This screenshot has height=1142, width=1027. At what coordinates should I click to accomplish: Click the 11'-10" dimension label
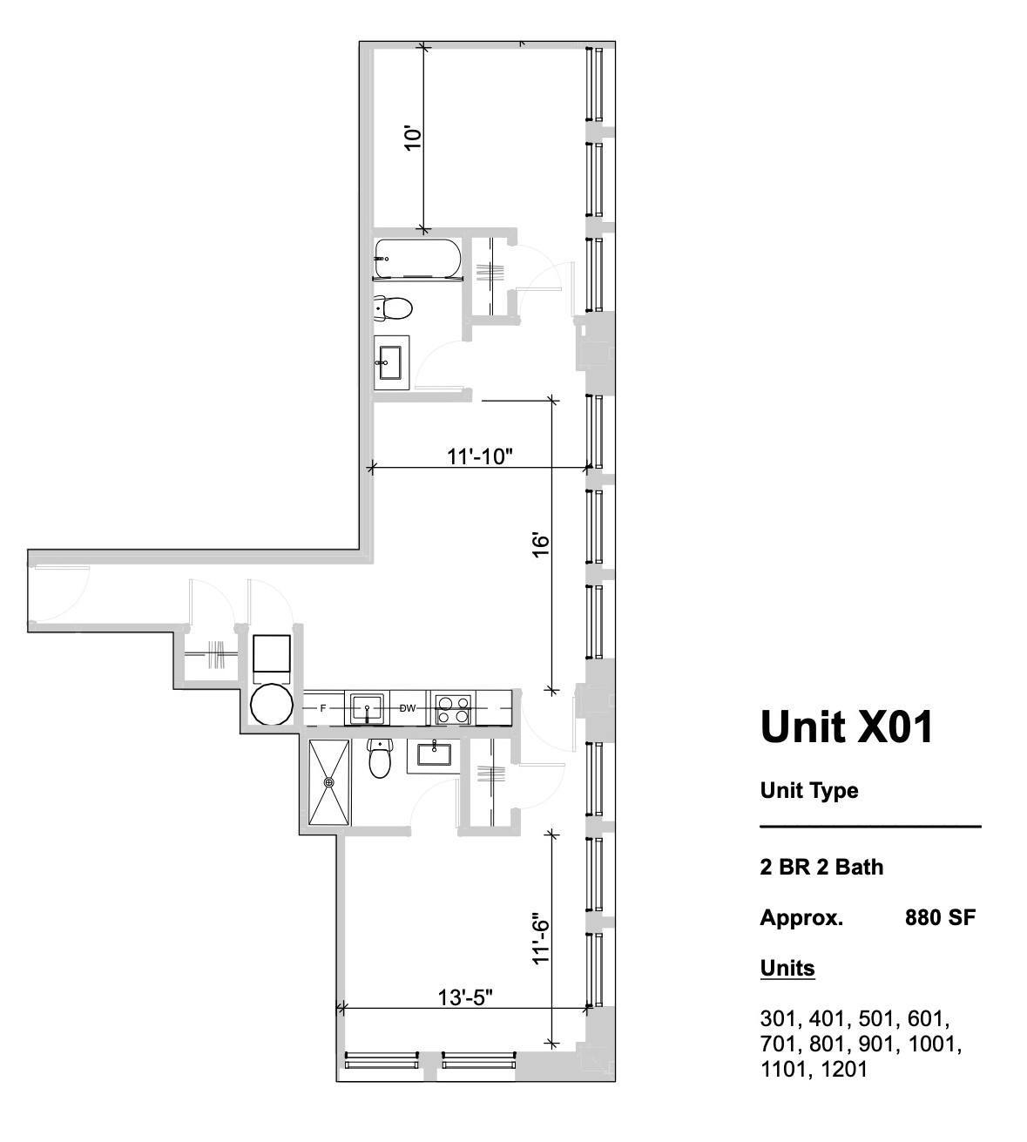coord(480,456)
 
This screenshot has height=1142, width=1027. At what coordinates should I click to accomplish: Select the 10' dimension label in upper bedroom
coord(413,138)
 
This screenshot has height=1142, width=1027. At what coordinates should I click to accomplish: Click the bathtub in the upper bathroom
coord(416,259)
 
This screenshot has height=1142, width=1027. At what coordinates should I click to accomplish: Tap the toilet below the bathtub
coord(393,307)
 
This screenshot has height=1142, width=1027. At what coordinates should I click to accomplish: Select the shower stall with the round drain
coord(329,782)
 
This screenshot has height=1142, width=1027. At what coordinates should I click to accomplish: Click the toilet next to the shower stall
coord(381,759)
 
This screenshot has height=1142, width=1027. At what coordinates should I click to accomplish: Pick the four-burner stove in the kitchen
coord(453,709)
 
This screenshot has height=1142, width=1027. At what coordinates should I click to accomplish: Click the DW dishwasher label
coord(408,708)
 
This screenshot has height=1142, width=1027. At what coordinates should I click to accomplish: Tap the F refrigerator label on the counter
coord(323,708)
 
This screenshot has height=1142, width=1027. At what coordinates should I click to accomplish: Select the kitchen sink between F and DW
coord(368,708)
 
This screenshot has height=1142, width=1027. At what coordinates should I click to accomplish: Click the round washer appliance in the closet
coord(271,704)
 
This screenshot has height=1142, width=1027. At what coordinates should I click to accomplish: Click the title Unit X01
coord(847,726)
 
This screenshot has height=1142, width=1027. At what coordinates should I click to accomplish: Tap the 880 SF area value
coord(940,917)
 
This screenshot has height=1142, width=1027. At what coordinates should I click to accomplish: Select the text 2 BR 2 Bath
coord(821,867)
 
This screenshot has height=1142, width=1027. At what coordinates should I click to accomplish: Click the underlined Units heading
coord(787,968)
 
